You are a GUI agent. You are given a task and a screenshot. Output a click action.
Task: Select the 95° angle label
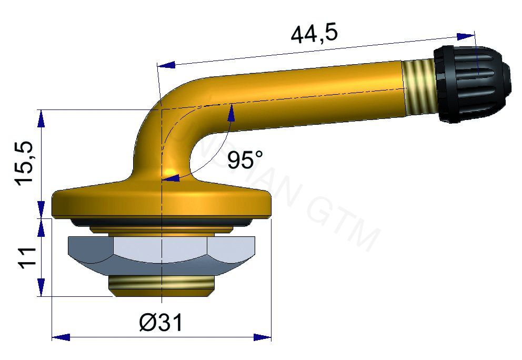[245, 159]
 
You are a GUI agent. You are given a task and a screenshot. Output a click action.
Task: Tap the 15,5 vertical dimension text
[26, 163]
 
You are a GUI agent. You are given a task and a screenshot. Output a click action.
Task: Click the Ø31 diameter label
[161, 322]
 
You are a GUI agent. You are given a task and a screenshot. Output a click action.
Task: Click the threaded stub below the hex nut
[162, 286]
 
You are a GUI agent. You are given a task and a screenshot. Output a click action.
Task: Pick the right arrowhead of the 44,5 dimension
[466, 36]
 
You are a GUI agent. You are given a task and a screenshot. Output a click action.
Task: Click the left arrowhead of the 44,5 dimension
[166, 65]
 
